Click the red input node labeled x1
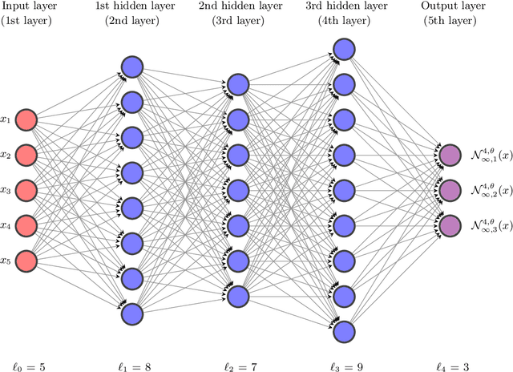click(26, 119)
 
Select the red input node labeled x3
click(26, 190)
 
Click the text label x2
click(6, 156)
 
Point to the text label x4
click(6, 226)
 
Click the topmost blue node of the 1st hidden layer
click(131, 67)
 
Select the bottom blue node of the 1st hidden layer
click(131, 313)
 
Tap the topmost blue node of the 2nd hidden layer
click(237, 84)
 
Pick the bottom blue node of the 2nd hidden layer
click(237, 296)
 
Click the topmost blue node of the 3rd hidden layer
click(343, 49)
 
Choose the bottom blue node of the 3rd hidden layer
click(343, 331)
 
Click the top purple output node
click(449, 155)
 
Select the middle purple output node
click(449, 190)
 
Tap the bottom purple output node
click(449, 225)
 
